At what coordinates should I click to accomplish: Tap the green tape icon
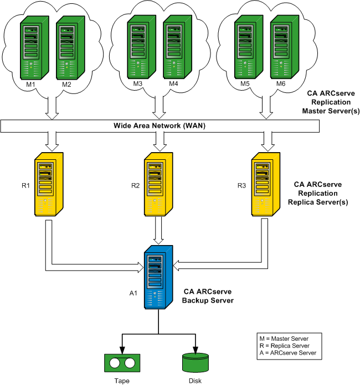click(x=121, y=363)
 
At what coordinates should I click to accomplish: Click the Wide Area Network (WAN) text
click(x=161, y=126)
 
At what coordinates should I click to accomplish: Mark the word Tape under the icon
click(x=121, y=380)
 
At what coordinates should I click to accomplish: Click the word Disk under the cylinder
click(x=194, y=380)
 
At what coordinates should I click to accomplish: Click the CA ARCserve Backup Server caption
click(x=209, y=295)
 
